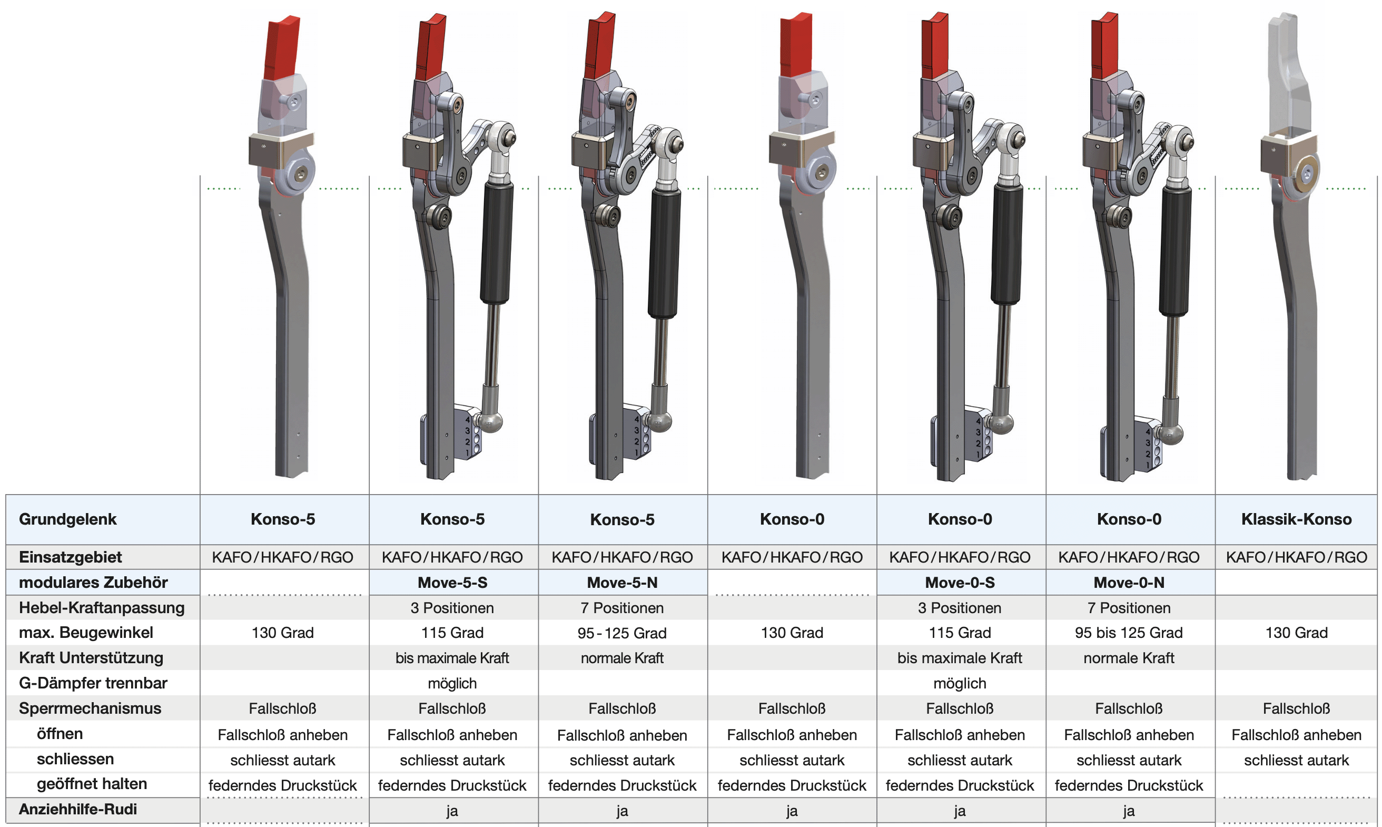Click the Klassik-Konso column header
tap(1296, 519)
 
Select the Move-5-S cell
tap(452, 583)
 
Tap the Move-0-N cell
tap(1129, 583)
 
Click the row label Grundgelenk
tap(67, 519)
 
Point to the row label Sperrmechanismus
tap(90, 708)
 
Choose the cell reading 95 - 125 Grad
tap(621, 633)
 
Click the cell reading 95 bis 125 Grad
tap(1129, 633)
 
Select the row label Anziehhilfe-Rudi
tap(77, 809)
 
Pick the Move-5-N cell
tap(621, 583)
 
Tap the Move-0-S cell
tap(959, 583)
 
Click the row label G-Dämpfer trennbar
tap(93, 683)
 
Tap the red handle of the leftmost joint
tap(283, 47)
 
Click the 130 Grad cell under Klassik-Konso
tap(1296, 633)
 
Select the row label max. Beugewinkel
tap(86, 633)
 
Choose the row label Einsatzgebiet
tap(70, 557)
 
